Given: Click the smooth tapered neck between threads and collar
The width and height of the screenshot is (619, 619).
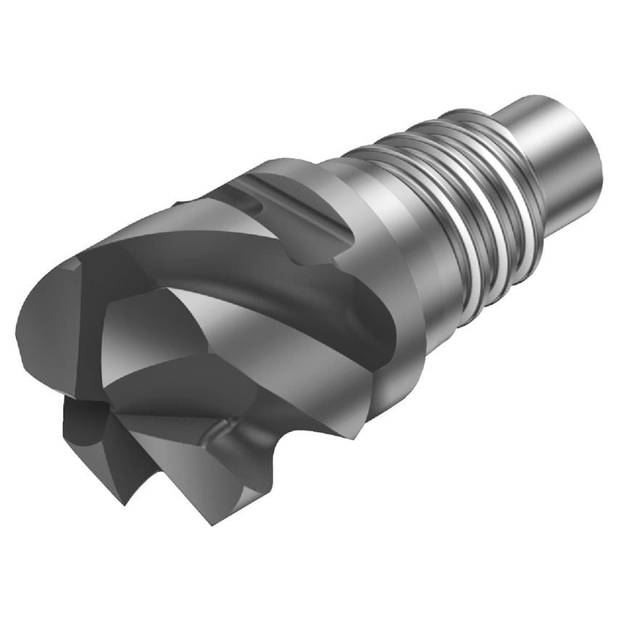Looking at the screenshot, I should (377, 239).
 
